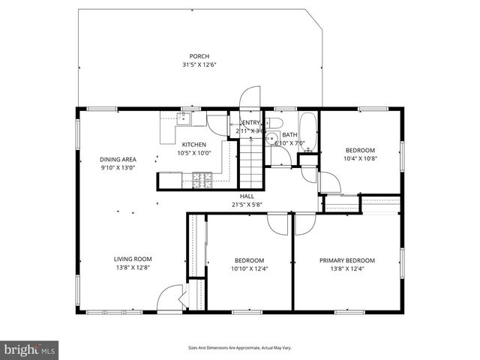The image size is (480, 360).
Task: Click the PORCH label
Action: tap(199, 56)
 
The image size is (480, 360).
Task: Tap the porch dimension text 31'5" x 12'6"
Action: tap(199, 65)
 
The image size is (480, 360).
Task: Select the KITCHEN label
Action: tap(194, 144)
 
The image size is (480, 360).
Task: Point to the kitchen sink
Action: tap(186, 118)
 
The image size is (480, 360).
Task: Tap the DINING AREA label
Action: tap(118, 159)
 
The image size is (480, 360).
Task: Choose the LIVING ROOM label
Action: tap(133, 259)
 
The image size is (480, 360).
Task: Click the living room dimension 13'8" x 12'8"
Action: tap(133, 268)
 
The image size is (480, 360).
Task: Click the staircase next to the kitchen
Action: tap(251, 163)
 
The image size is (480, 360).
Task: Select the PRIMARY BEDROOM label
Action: tap(346, 260)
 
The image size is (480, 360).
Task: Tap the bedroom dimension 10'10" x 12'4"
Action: tap(249, 269)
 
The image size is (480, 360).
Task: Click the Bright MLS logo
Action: tap(30, 350)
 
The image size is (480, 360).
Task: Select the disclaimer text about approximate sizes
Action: tap(239, 348)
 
